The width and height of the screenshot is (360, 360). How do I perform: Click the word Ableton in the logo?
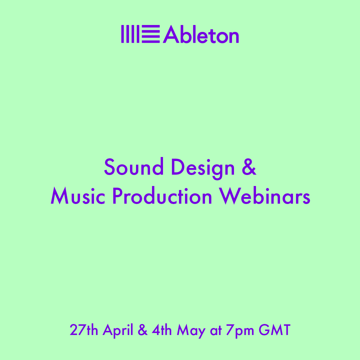coord(201,34)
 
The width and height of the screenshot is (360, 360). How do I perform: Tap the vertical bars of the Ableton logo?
coord(130,34)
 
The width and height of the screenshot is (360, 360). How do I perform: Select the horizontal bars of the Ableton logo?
coord(151,34)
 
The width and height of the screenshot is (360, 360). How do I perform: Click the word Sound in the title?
coord(134,166)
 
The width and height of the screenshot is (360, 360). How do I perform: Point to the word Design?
coord(203,169)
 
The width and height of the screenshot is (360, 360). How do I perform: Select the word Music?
coord(78,196)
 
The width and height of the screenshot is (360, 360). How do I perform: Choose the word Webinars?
coord(264,196)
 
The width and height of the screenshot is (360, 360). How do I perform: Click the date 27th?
coord(84,330)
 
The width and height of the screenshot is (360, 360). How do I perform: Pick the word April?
coord(118,331)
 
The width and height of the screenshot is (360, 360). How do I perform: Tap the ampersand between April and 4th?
coord(143,330)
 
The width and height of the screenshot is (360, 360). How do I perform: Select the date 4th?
coord(162,330)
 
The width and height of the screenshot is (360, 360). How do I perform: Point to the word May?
coord(191,331)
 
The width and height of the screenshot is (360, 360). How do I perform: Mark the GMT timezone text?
coord(275,330)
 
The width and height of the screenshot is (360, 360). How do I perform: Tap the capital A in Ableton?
coord(171,34)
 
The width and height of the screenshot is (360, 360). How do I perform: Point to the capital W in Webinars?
coord(230,196)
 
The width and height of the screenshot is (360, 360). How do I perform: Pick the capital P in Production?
coord(117,196)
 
